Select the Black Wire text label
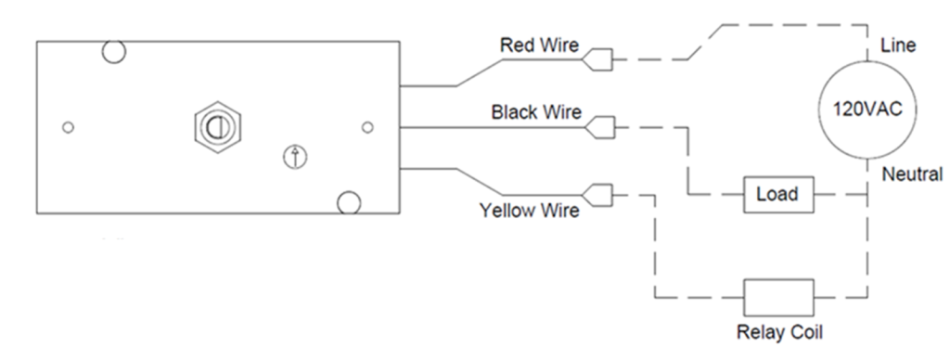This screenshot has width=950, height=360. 536,112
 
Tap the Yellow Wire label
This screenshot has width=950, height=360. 529,211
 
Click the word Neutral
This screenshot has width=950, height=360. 913,174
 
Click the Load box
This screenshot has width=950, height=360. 777,195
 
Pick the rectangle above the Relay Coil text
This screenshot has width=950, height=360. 777,297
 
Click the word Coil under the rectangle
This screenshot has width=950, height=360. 799,332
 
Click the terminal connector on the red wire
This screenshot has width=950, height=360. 597,60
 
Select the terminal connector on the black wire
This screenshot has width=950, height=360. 602,125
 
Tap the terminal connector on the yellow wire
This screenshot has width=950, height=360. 601,195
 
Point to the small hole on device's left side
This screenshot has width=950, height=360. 67,126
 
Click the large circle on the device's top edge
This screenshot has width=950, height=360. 113,52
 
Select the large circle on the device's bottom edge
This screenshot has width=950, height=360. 348,202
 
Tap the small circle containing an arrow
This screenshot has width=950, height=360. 294,157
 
